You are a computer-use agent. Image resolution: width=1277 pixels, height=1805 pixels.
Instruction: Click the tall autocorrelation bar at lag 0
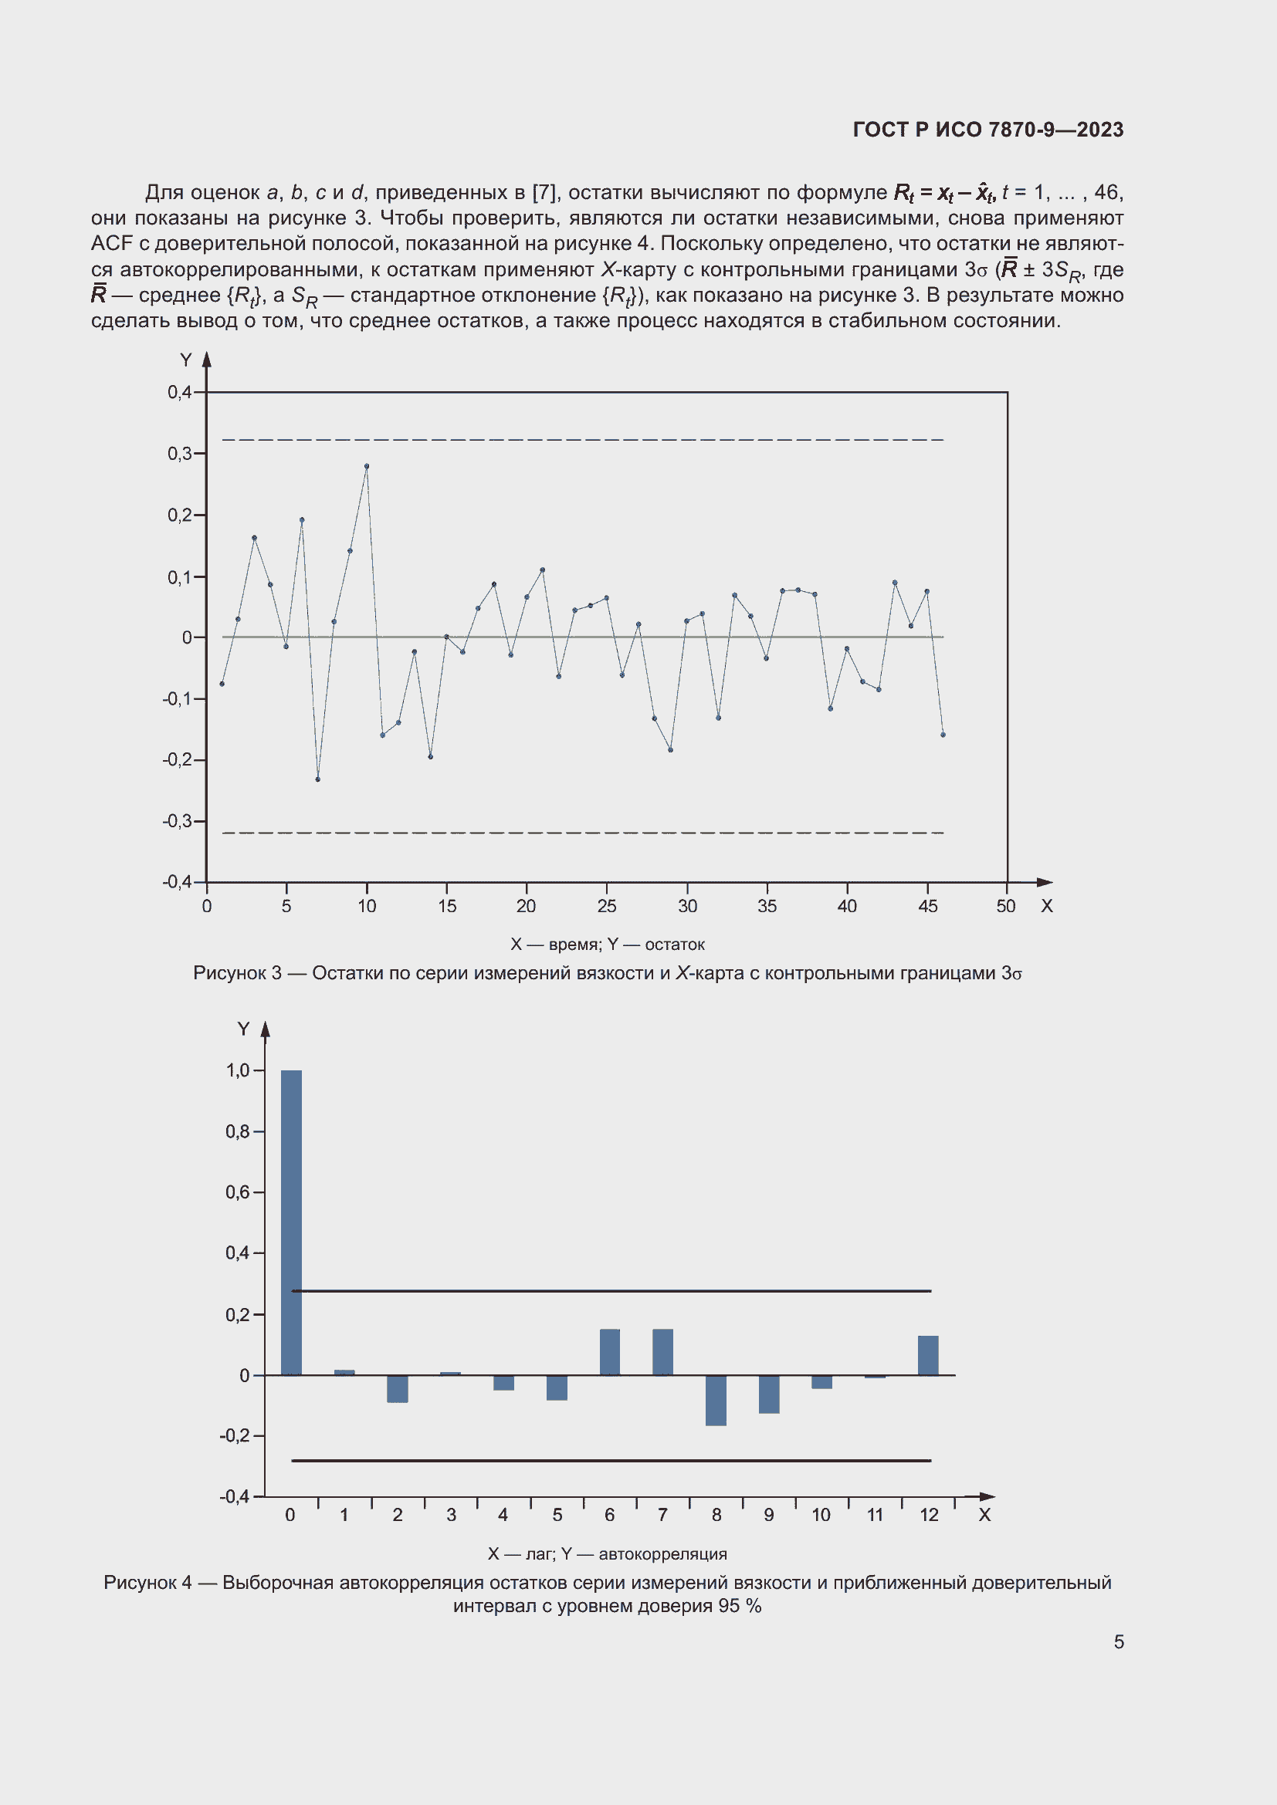(x=291, y=1222)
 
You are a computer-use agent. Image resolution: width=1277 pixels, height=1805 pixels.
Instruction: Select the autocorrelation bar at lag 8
(x=716, y=1400)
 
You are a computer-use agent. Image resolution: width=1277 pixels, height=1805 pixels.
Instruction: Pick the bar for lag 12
(x=928, y=1355)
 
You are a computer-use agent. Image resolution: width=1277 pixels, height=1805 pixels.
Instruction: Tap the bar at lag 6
(x=609, y=1352)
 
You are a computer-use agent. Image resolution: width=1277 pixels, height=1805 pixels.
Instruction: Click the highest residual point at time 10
(x=367, y=466)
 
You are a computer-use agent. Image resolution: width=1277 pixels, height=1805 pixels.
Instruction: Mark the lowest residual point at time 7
(x=317, y=779)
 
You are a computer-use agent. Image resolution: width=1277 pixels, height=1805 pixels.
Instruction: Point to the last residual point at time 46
(x=943, y=734)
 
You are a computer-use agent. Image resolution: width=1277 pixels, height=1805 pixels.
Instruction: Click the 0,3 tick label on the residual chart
(x=179, y=454)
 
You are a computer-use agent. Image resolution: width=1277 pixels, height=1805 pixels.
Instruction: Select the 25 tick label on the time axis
(x=606, y=907)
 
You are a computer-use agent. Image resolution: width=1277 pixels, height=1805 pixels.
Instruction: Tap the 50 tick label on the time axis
(x=1006, y=907)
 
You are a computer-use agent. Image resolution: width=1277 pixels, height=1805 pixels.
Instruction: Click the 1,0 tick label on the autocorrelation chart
(x=238, y=1070)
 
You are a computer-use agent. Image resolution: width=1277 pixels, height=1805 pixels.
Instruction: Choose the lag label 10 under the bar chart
(x=821, y=1515)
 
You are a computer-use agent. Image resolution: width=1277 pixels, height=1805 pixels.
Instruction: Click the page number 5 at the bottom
(x=1118, y=1641)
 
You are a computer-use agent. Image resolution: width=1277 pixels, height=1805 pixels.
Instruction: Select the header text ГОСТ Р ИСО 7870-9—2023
(x=987, y=130)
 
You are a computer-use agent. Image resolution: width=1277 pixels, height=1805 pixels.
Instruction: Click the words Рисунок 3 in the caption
(x=237, y=973)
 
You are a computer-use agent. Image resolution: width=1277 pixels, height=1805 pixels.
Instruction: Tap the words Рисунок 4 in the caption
(x=147, y=1583)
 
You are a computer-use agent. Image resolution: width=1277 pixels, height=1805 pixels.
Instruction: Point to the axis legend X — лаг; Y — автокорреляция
(x=607, y=1553)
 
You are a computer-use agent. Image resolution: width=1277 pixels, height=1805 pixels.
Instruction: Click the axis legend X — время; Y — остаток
(x=607, y=944)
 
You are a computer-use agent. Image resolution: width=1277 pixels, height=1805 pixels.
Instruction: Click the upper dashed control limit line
(x=582, y=440)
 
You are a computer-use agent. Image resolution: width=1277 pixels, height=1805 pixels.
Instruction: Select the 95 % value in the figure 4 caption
(x=739, y=1606)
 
